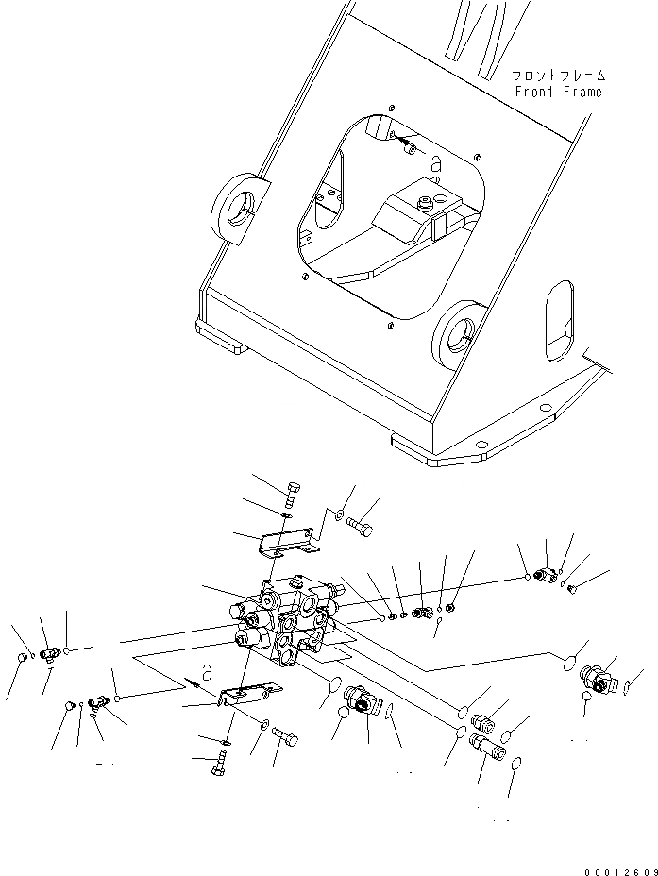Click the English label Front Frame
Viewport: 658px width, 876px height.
point(558,92)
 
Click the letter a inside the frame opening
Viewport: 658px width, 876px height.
point(434,162)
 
